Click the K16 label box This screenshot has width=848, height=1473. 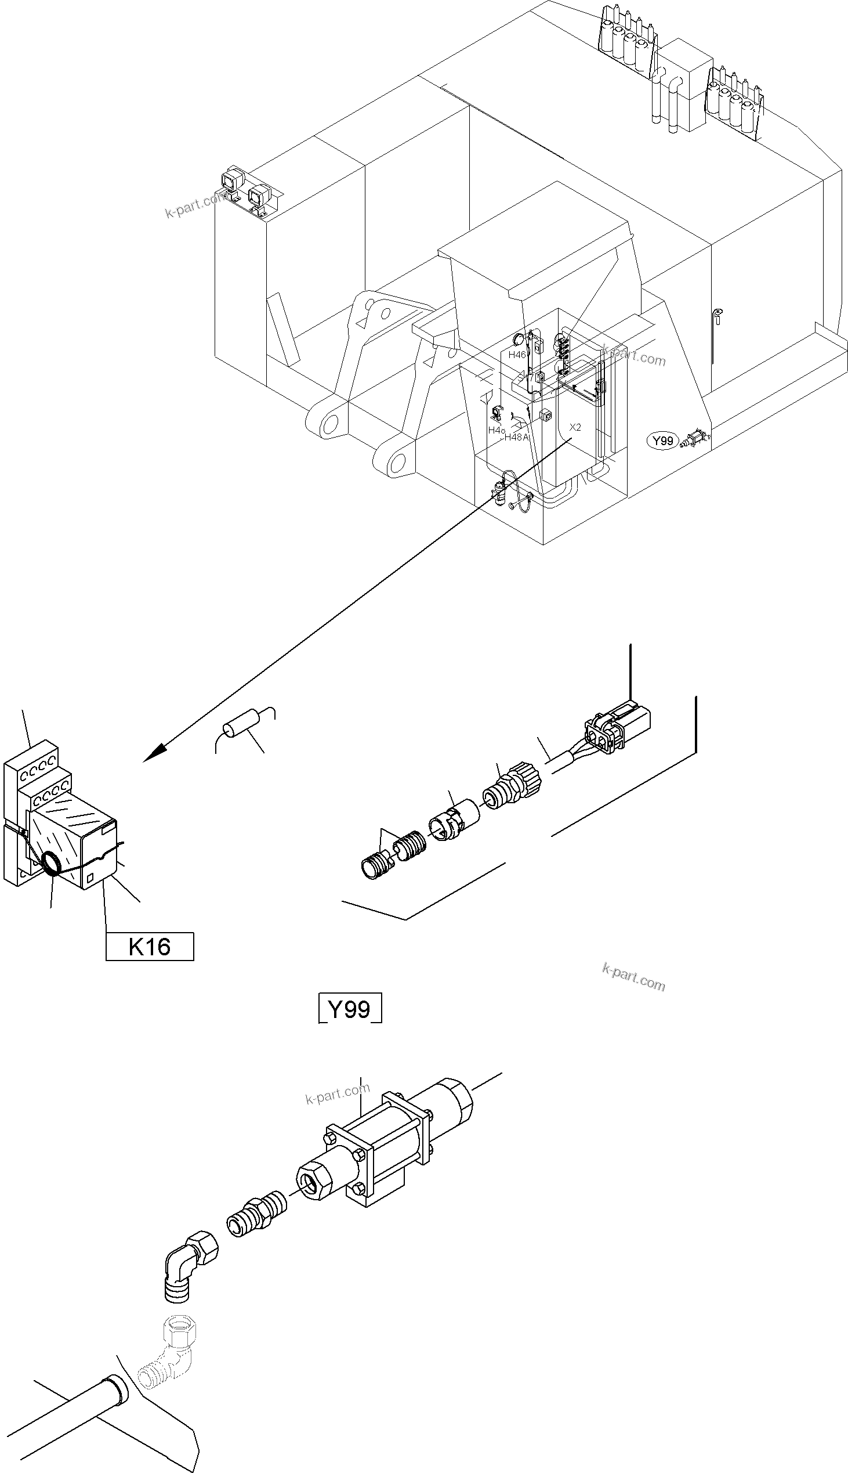pyautogui.click(x=149, y=946)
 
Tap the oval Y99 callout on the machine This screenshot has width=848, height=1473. pyautogui.click(x=663, y=441)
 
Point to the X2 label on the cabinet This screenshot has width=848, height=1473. pyautogui.click(x=575, y=427)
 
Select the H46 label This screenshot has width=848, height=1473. pyautogui.click(x=517, y=354)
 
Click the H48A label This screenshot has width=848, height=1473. pyautogui.click(x=516, y=437)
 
